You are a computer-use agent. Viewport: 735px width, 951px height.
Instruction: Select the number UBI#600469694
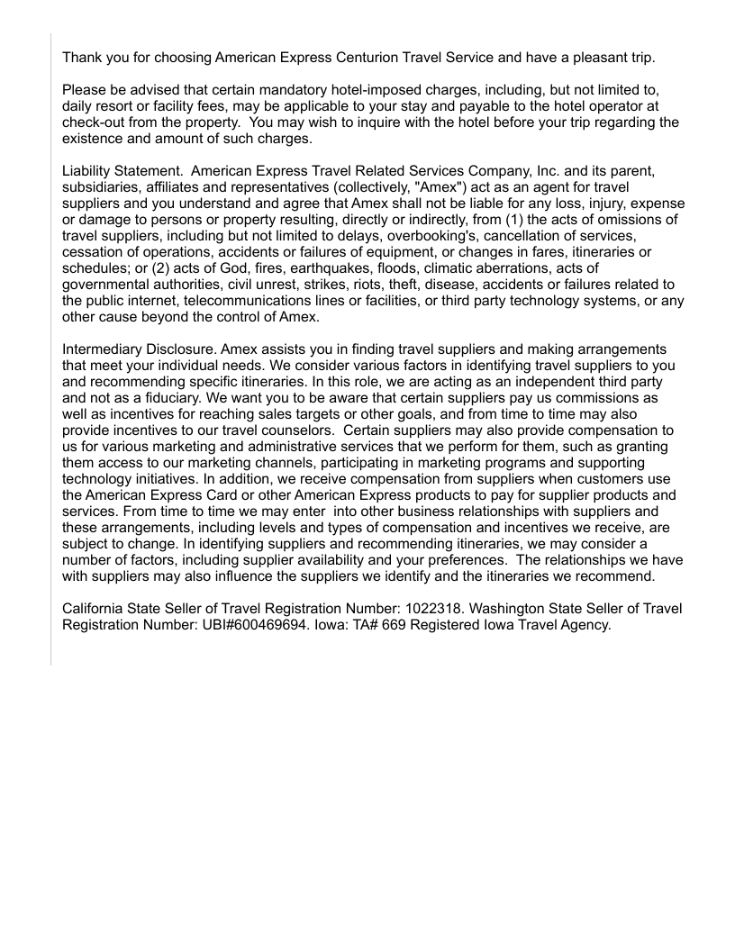coord(250,626)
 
